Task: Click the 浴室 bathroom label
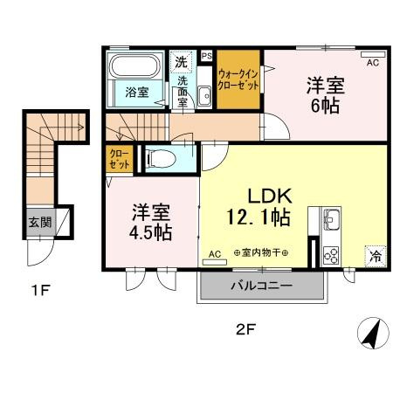pos(135,90)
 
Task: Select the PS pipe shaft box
pos(206,56)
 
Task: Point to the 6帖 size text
pos(322,106)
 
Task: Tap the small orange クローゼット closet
pos(119,160)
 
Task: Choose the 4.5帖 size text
pos(152,233)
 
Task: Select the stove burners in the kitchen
pos(332,254)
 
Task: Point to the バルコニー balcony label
pos(262,286)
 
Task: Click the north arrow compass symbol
pos(370,332)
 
